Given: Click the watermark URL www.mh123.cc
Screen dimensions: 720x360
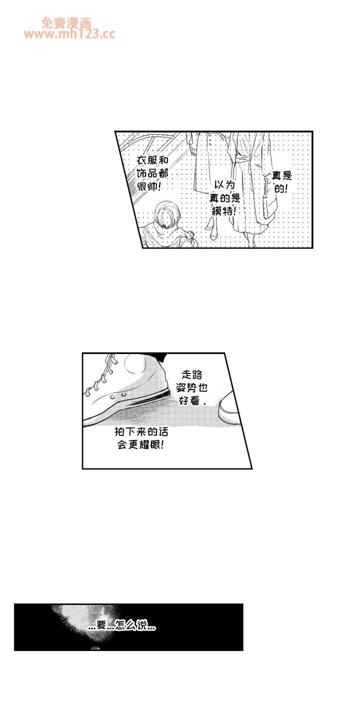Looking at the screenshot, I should pos(69,34).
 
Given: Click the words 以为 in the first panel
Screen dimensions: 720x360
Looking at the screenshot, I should pos(224,185).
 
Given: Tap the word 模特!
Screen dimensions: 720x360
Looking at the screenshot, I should pos(224,211).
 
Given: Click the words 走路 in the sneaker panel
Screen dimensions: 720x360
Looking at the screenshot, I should pos(192,375).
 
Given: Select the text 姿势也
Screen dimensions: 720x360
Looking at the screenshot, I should pos(192,388).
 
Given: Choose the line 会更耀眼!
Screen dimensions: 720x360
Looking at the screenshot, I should pos(141,445).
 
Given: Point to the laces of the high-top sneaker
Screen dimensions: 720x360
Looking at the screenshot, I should pos(102,375).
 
